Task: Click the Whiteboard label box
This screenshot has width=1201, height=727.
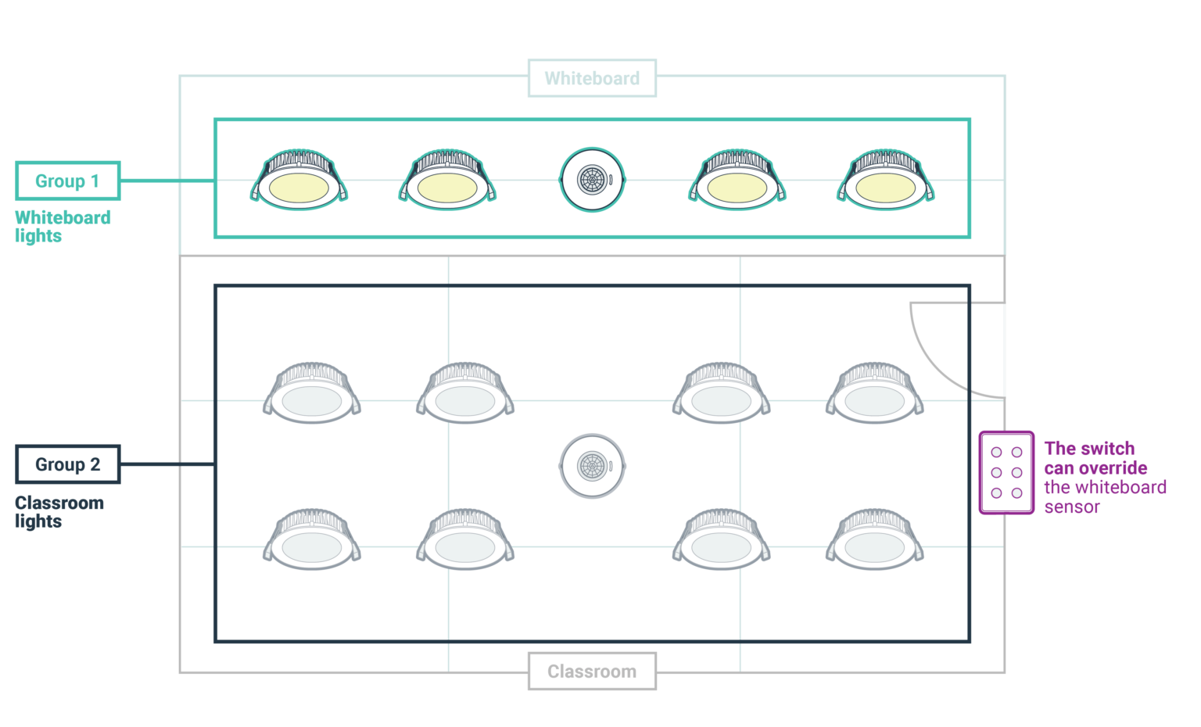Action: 592,78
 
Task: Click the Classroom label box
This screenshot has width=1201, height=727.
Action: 592,671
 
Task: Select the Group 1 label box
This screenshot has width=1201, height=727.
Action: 68,181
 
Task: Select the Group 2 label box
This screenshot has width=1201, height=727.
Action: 68,464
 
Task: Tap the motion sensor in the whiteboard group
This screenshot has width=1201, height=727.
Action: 592,180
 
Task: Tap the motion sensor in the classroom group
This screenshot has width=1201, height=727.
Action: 592,466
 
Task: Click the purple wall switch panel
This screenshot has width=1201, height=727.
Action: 1006,472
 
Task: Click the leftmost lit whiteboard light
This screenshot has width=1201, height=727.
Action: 299,184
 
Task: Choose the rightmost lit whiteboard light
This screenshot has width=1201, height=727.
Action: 885,184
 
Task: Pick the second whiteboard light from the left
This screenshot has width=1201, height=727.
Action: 447,184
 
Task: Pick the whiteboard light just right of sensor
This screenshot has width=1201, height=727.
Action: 737,184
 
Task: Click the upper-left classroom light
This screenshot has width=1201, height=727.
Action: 311,396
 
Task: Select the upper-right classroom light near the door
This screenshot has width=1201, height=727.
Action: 874,396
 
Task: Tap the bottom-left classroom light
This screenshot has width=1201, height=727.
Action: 311,543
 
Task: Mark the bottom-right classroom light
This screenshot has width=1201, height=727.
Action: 874,543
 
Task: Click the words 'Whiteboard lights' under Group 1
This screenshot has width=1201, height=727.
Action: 63,227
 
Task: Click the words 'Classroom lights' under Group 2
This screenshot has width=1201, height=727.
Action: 59,512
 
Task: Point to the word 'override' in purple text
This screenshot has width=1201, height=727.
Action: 1113,468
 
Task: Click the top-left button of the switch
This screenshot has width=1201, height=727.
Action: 996,452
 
